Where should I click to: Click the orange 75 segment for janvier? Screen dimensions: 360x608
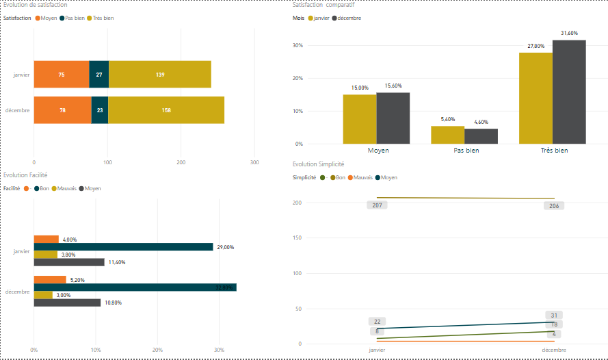pyautogui.click(x=62, y=74)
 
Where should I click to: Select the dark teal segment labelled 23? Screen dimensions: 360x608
pyautogui.click(x=100, y=110)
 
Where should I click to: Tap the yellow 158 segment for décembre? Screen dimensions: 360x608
pyautogui.click(x=166, y=110)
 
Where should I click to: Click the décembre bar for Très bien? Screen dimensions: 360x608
pyautogui.click(x=569, y=92)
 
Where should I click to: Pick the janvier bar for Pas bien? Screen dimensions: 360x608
pyautogui.click(x=447, y=135)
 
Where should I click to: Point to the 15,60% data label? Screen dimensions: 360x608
pyautogui.click(x=393, y=86)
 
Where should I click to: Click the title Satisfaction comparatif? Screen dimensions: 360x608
pyautogui.click(x=323, y=5)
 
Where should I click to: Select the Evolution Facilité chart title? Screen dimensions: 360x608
pyautogui.click(x=25, y=175)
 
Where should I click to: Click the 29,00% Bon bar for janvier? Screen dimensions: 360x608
pyautogui.click(x=123, y=247)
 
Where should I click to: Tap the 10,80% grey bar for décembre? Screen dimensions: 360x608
pyautogui.click(x=67, y=303)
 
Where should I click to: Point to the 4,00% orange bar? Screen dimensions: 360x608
pyautogui.click(x=47, y=240)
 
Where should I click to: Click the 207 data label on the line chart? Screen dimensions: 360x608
pyautogui.click(x=377, y=205)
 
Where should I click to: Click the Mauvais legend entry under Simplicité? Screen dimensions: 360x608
pyautogui.click(x=362, y=177)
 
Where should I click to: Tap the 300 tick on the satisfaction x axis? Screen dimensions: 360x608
pyautogui.click(x=254, y=162)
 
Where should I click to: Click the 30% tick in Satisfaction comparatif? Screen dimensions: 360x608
pyautogui.click(x=298, y=46)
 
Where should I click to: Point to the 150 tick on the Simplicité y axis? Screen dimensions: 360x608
pyautogui.click(x=297, y=238)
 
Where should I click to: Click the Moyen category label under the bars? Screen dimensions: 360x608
pyautogui.click(x=378, y=150)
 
